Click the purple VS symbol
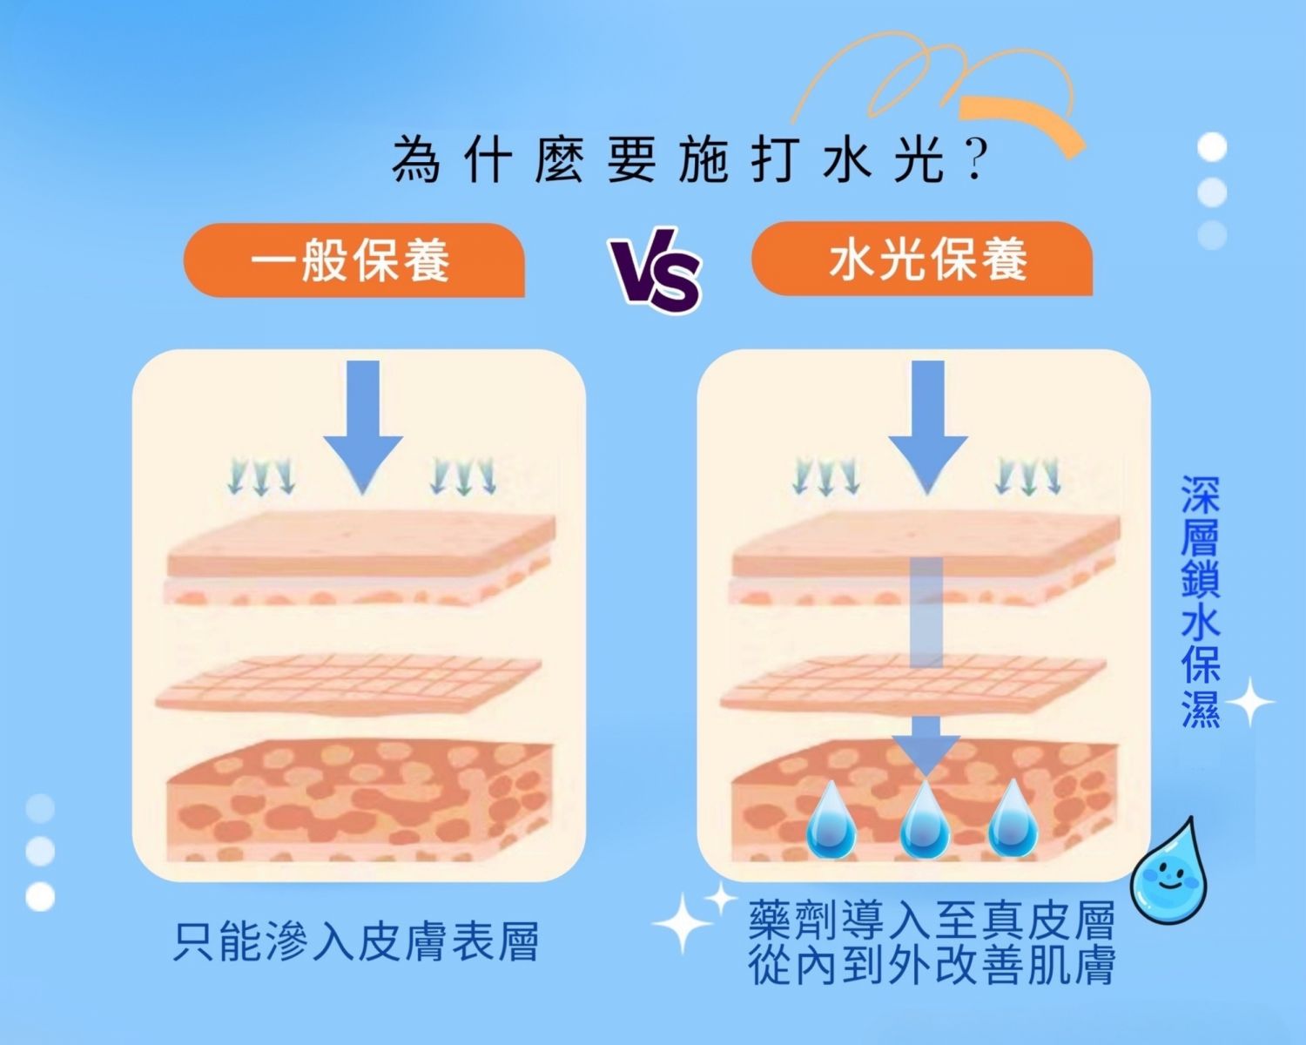[x=656, y=270]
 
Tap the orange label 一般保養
[x=352, y=260]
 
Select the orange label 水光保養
[x=923, y=260]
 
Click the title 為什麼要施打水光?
[x=688, y=160]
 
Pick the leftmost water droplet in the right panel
[x=831, y=819]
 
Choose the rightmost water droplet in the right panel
[x=1013, y=819]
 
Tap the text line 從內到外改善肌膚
[x=932, y=965]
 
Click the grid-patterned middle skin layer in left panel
[x=348, y=684]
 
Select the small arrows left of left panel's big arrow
[x=260, y=476]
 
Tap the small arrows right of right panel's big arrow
[x=1028, y=476]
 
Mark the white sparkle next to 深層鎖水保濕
[x=1249, y=702]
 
